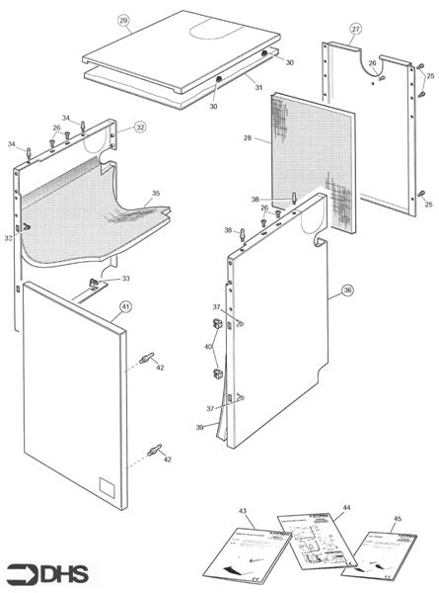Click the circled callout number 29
[123, 20]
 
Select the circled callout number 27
[355, 29]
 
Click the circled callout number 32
[140, 127]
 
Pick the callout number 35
[155, 194]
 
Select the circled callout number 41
[125, 307]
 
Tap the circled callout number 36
[346, 291]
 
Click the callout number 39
[200, 426]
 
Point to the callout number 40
[206, 347]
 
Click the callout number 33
[125, 279]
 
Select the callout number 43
[242, 510]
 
